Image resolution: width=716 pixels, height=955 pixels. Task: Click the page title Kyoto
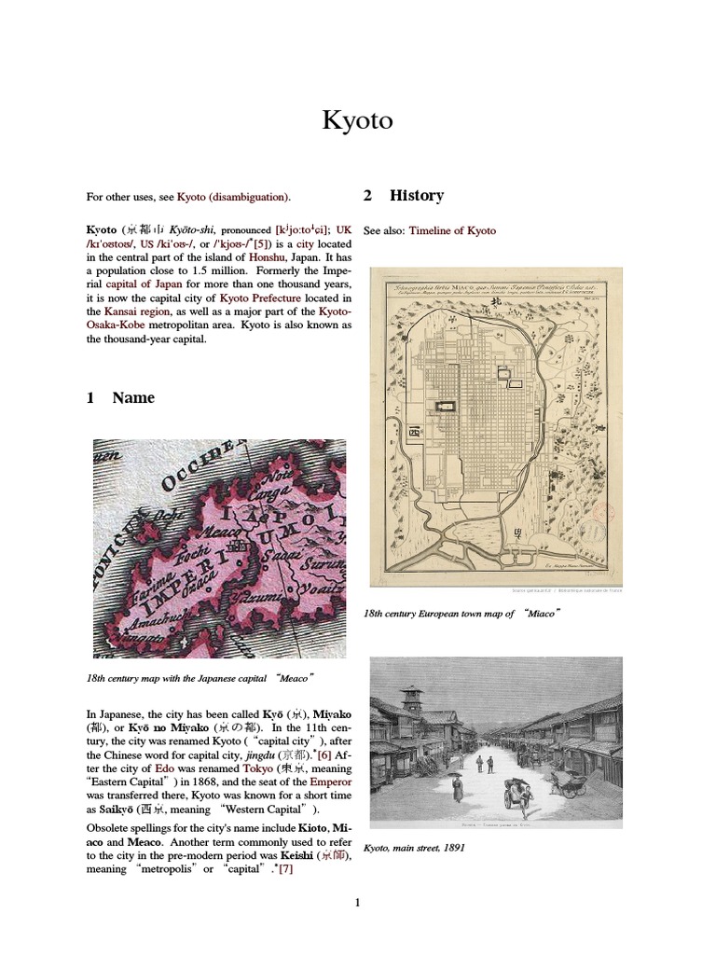click(x=357, y=120)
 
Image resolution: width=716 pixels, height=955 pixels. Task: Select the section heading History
click(x=417, y=195)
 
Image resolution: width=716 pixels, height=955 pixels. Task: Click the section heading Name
click(x=133, y=397)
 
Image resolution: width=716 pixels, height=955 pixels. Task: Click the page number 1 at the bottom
click(x=357, y=902)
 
